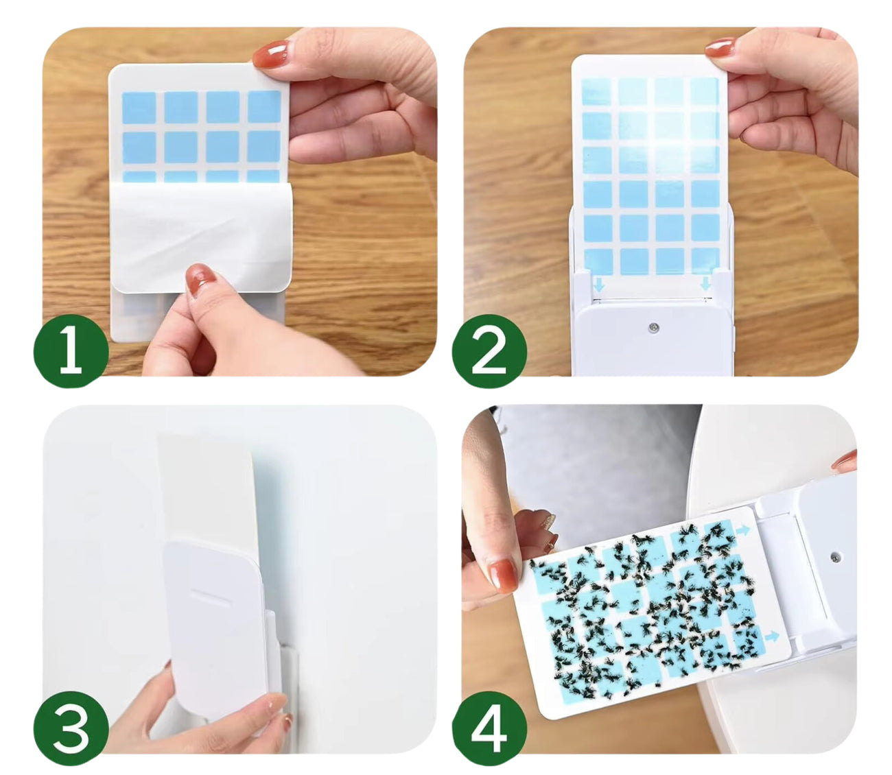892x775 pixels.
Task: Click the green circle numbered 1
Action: coord(71,350)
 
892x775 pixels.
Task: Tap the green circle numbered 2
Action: coord(489,350)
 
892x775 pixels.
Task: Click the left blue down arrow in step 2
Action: coord(599,285)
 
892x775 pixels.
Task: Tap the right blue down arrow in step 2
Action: coord(705,285)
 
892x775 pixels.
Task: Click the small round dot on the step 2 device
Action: coord(653,326)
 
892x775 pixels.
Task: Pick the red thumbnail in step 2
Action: coord(719,47)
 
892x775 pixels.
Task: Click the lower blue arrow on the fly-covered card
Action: coord(772,636)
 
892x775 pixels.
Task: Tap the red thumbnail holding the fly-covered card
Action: coord(503,576)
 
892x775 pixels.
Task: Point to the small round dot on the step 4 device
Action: coord(834,557)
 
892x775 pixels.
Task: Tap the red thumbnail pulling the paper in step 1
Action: coord(200,279)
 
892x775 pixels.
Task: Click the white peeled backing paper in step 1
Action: coord(202,237)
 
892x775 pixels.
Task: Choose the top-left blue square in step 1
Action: coord(139,108)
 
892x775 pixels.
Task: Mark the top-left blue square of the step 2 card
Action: coord(596,92)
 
